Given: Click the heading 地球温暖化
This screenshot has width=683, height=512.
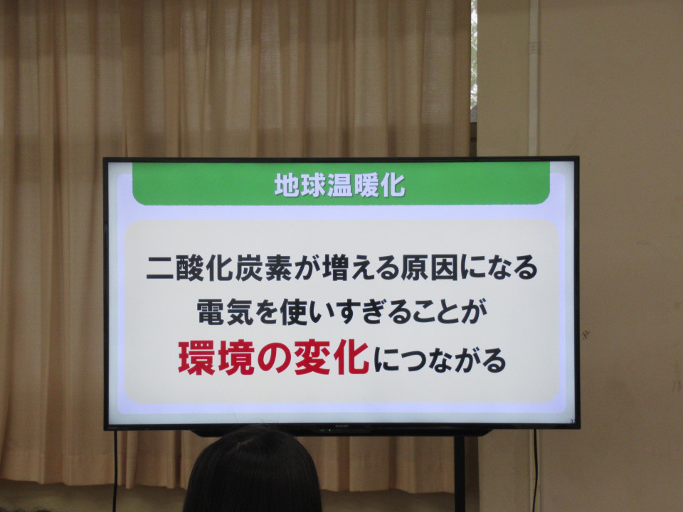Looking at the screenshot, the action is coord(340,185).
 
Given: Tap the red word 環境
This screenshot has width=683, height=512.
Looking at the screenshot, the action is coord(216,358).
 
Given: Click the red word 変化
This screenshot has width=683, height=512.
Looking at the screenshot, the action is coord(332,358).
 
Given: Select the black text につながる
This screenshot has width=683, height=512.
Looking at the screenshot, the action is coord(440,360).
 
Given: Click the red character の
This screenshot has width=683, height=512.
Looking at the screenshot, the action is coord(275,358).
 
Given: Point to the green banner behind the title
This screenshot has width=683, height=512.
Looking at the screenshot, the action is coord(341,183).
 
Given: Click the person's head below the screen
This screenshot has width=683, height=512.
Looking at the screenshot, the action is coord(253,470).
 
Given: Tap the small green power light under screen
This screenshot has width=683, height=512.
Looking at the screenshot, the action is coord(329,430).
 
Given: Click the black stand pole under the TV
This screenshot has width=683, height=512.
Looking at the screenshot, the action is coord(460,474).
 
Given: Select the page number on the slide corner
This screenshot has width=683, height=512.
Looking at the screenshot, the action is coord(572,421).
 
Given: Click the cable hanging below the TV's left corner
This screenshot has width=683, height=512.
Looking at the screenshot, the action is coord(115,471).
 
